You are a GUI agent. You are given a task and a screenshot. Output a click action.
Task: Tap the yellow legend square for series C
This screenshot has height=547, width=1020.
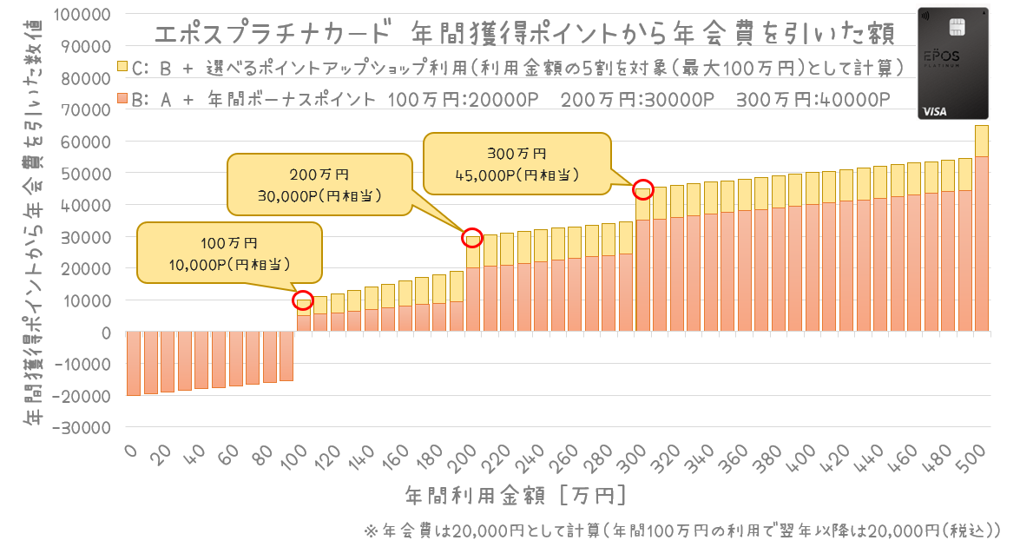point(122,66)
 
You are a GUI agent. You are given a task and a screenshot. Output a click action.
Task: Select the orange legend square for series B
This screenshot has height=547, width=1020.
point(122,98)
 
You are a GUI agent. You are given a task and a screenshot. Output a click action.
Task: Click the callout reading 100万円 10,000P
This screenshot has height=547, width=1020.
point(229,253)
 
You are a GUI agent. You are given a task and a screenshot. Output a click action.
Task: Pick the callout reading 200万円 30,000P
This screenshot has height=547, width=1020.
point(319,185)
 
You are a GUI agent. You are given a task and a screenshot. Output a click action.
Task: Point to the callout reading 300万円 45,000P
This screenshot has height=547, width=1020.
point(517,164)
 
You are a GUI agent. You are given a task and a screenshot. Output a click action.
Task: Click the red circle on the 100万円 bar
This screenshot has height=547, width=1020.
point(303,300)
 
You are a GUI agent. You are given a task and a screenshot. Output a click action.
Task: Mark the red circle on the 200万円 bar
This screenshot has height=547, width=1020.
point(472,238)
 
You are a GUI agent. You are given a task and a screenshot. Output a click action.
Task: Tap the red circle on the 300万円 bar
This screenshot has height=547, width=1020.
point(642,189)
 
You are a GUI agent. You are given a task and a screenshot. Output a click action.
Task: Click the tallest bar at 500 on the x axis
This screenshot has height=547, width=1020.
point(982,228)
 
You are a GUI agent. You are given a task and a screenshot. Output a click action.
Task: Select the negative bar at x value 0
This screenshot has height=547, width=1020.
point(134,363)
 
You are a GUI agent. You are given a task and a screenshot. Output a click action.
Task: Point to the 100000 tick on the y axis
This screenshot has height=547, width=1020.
point(82,14)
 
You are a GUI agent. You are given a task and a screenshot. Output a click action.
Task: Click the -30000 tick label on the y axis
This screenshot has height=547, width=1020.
point(82,428)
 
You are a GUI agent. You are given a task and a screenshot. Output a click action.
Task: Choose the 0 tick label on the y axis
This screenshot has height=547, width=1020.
point(106,333)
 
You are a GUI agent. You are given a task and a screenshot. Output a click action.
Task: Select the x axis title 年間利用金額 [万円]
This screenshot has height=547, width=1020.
point(515,496)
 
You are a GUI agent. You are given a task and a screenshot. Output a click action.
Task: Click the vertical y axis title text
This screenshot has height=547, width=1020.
point(34,221)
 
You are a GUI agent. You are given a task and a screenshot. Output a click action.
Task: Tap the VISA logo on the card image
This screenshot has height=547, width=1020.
point(935,111)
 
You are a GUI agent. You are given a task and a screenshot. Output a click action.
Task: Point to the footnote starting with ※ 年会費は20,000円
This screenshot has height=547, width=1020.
point(682,531)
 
